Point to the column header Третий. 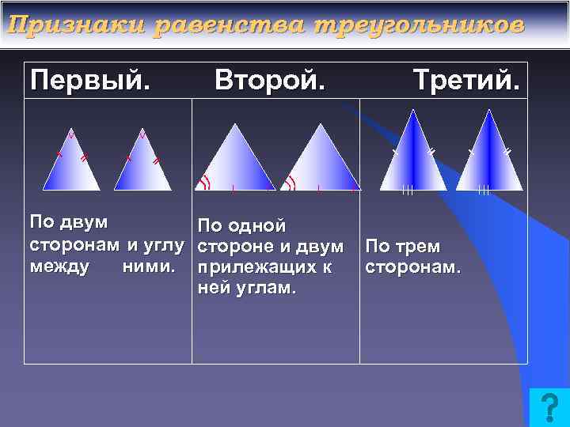[x=466, y=80]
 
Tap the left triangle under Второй [x=234, y=162]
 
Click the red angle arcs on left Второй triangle [x=205, y=183]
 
